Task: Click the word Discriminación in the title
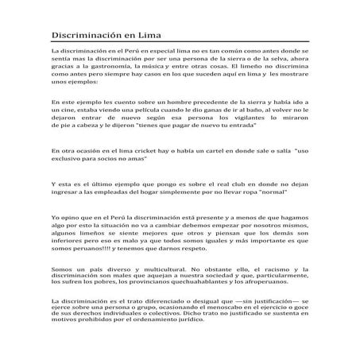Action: (85, 36)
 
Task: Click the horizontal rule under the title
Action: (180, 45)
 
